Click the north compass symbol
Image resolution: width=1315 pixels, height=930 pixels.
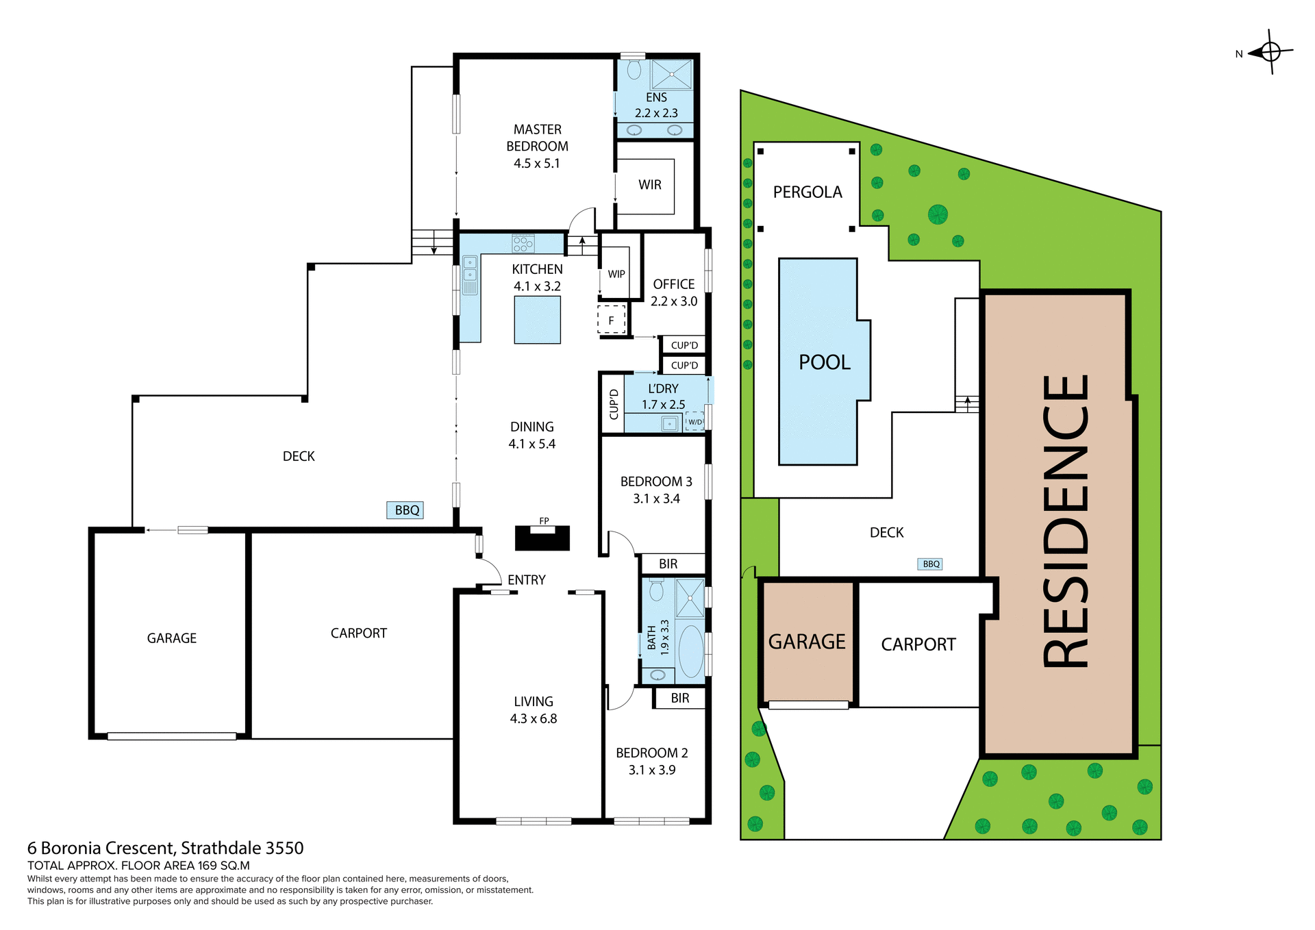[1270, 51]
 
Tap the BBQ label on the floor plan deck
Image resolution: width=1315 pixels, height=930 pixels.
[406, 510]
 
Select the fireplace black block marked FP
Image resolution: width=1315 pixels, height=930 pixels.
[542, 538]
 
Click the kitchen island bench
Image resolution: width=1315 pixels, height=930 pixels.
[538, 320]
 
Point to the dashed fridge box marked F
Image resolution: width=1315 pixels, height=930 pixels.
[612, 320]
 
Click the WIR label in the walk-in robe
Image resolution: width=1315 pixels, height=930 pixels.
[649, 185]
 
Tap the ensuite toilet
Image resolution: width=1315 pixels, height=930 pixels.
[634, 69]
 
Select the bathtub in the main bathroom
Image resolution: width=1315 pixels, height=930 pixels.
[691, 651]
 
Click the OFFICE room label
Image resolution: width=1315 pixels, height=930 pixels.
[673, 284]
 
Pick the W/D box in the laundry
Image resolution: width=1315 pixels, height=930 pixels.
[694, 422]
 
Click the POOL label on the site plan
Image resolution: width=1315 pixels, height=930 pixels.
[824, 362]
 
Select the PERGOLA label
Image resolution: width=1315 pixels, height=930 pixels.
[807, 192]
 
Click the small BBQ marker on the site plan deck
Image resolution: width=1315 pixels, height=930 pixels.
[931, 564]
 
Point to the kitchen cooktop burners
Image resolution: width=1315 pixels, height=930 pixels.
[523, 243]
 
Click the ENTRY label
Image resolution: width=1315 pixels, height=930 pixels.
[526, 580]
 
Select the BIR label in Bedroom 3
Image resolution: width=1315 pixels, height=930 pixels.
[668, 564]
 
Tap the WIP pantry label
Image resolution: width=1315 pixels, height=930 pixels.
[616, 274]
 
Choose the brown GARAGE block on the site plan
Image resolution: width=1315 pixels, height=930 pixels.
[807, 642]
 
